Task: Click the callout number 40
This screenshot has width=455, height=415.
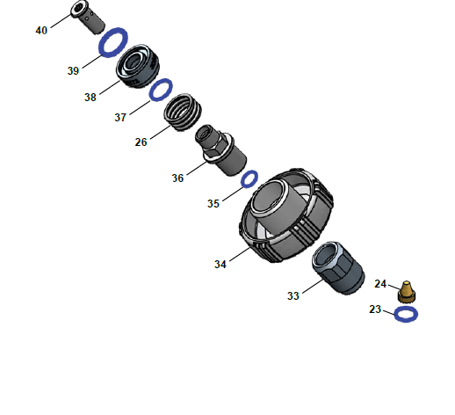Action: click(41, 30)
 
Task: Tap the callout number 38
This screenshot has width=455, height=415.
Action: click(90, 98)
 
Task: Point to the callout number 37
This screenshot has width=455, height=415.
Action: click(120, 116)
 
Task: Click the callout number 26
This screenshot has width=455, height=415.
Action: click(141, 142)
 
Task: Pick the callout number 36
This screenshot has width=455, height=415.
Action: click(177, 178)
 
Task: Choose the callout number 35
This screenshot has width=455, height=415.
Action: click(213, 203)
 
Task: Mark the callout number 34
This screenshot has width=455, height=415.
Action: click(220, 263)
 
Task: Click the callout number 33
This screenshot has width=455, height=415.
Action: click(292, 296)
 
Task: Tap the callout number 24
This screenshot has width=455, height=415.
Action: click(380, 283)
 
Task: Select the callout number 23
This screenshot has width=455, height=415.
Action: click(375, 309)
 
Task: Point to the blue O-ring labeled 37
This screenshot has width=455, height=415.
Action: click(160, 89)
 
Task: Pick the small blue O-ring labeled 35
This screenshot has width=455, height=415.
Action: click(249, 178)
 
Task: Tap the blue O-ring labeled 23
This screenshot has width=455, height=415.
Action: click(406, 314)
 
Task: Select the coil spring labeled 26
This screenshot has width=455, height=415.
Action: click(184, 113)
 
